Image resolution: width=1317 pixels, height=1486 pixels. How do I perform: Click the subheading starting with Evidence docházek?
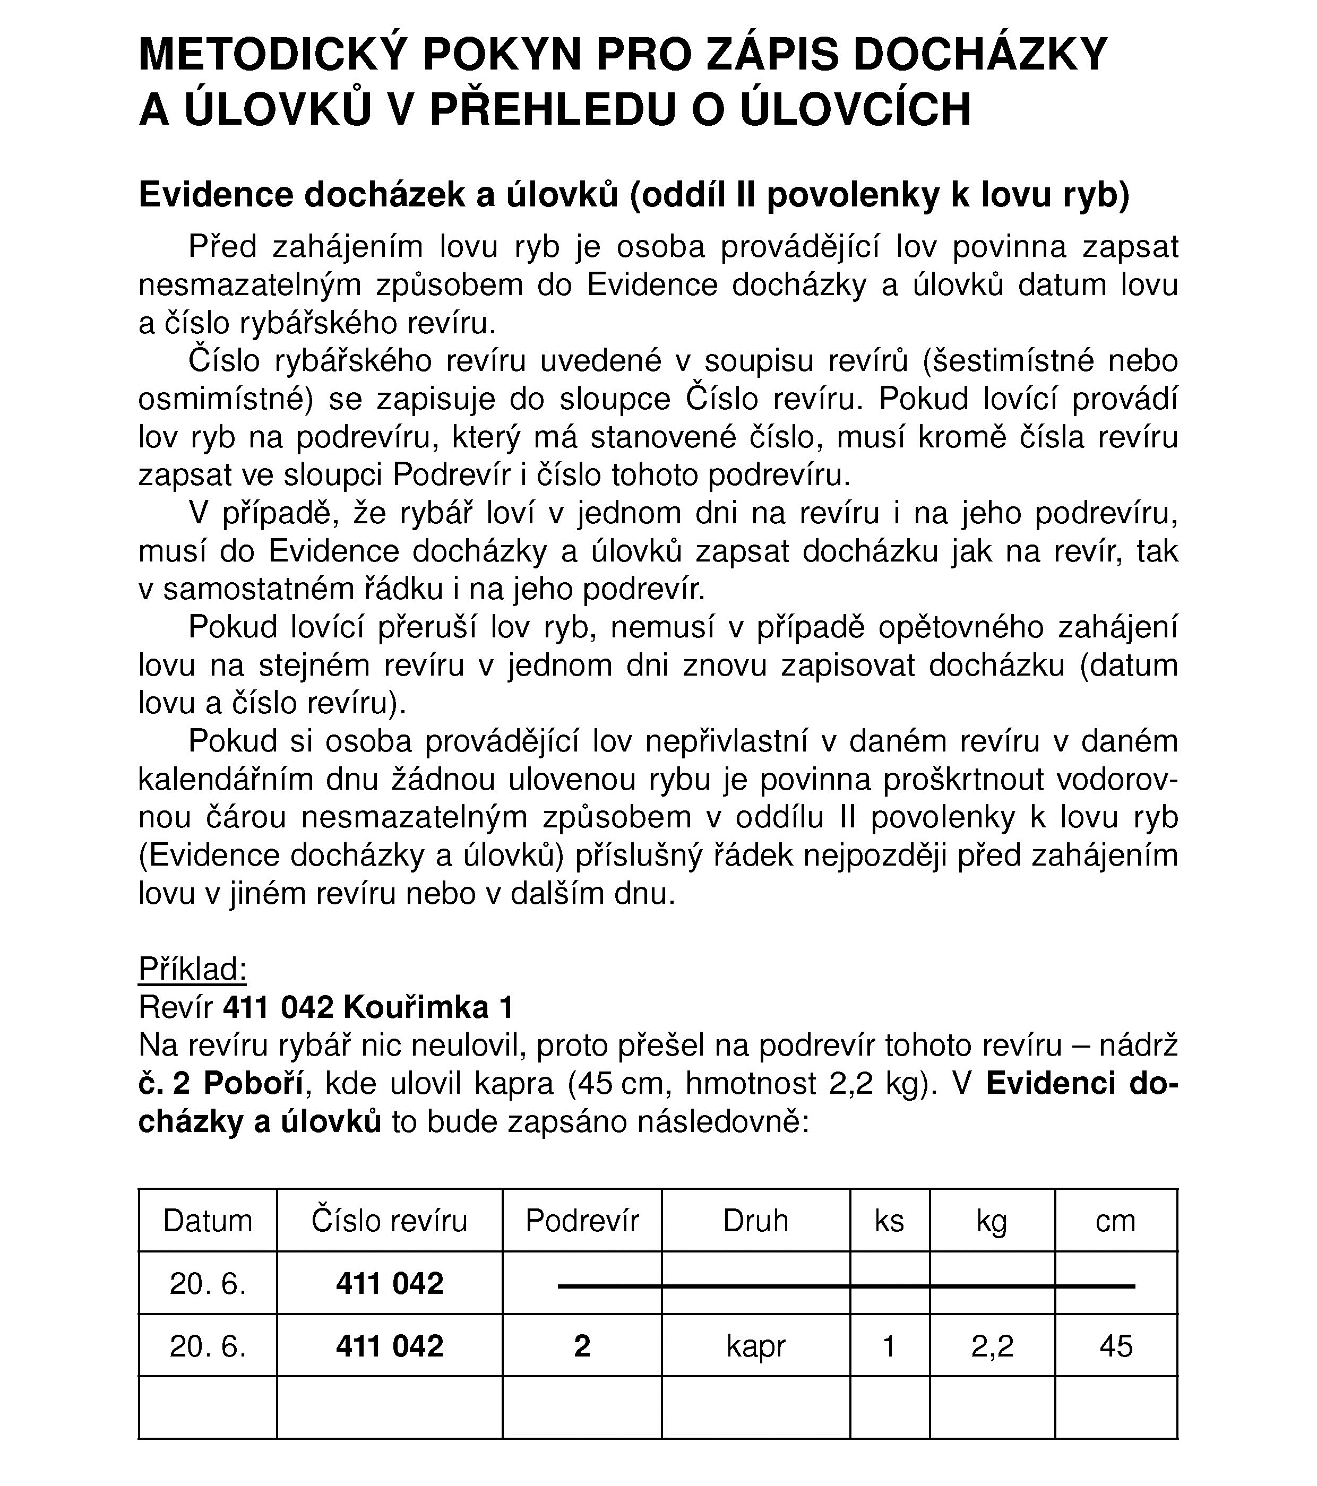point(633,195)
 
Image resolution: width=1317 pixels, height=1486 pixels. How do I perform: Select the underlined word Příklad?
point(193,970)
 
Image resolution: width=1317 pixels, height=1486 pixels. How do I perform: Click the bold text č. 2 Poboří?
point(220,1084)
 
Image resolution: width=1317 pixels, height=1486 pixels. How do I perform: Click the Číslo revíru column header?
point(389,1221)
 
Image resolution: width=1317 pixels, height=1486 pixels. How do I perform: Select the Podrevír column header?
point(582,1221)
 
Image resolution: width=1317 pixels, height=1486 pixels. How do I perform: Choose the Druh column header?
point(755,1221)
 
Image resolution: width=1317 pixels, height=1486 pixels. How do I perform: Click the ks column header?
point(889,1221)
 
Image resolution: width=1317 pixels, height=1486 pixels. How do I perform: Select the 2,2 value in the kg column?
point(992,1346)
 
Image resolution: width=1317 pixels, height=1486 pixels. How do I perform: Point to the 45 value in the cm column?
point(1116,1346)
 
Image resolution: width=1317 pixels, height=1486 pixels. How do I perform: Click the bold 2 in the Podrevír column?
point(582,1346)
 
